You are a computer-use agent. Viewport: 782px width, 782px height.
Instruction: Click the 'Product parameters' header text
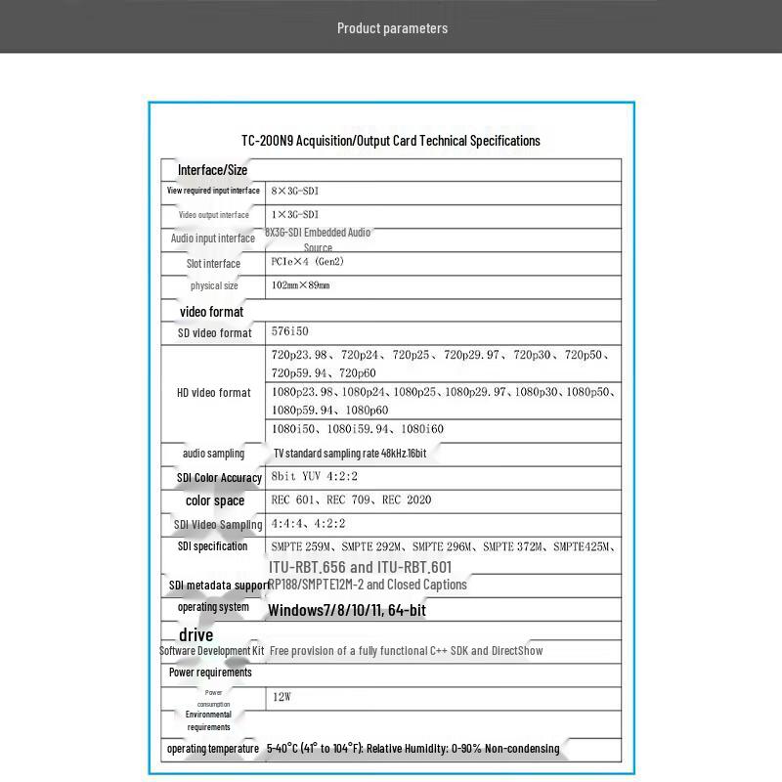(392, 28)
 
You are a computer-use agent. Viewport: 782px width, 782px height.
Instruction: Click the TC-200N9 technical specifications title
(390, 141)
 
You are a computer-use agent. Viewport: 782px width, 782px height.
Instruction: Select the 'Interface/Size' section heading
(212, 170)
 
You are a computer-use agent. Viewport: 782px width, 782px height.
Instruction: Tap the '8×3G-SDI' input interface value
(295, 192)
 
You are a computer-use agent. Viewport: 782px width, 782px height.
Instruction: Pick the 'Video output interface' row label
(213, 215)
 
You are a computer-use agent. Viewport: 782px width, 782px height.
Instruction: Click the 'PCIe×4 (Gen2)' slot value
(307, 262)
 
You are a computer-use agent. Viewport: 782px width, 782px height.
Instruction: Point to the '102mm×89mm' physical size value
(300, 285)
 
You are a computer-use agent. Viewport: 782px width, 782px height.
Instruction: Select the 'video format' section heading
(211, 312)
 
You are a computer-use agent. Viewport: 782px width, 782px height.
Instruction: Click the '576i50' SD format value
(289, 332)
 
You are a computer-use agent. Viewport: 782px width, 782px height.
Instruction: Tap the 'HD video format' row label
(213, 393)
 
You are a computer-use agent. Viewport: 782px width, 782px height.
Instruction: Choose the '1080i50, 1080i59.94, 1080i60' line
(357, 429)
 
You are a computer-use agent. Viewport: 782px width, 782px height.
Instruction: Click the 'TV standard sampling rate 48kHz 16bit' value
(349, 454)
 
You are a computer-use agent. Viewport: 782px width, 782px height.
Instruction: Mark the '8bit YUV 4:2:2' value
(316, 477)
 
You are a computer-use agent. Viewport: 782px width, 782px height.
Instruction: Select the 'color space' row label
(215, 500)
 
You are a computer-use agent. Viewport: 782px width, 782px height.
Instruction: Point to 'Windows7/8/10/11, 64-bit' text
(346, 611)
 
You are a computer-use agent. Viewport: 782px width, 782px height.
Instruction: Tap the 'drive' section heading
(195, 635)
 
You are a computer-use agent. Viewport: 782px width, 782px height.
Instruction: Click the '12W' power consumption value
(282, 698)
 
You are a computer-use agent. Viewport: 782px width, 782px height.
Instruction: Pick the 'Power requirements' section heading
(210, 673)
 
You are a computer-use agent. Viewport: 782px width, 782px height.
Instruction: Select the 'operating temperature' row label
(213, 749)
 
